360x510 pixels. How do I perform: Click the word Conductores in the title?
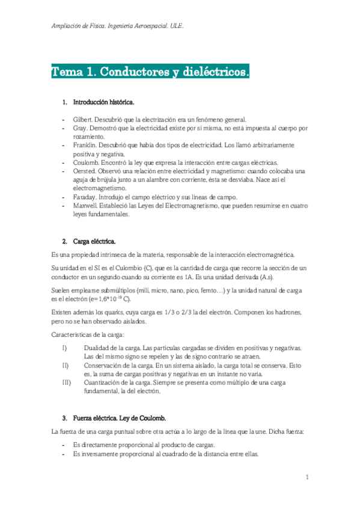pos(128,73)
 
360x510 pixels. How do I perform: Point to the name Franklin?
pos(85,145)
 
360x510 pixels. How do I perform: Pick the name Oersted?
pos(84,171)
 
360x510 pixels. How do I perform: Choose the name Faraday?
pos(85,197)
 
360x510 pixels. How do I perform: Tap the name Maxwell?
pos(85,205)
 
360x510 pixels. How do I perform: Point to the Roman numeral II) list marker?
pos(65,365)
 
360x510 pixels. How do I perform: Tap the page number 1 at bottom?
pos(307,478)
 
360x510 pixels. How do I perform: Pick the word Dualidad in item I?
pos(98,348)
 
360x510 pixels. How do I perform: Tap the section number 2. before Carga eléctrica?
pos(64,241)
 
